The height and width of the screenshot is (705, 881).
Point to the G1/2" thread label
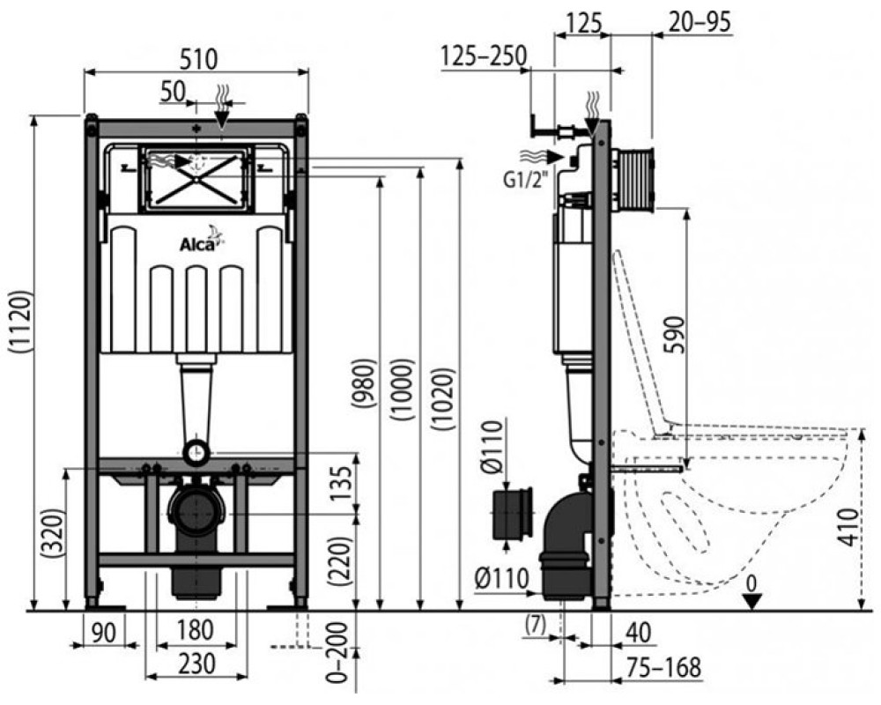point(525,180)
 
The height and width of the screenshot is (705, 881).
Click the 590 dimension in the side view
point(677,335)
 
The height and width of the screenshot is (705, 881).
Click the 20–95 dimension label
point(700,22)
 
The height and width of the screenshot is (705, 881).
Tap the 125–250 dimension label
point(484,56)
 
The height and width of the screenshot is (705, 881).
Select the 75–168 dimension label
point(663,668)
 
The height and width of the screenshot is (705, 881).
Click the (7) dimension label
point(535,625)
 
